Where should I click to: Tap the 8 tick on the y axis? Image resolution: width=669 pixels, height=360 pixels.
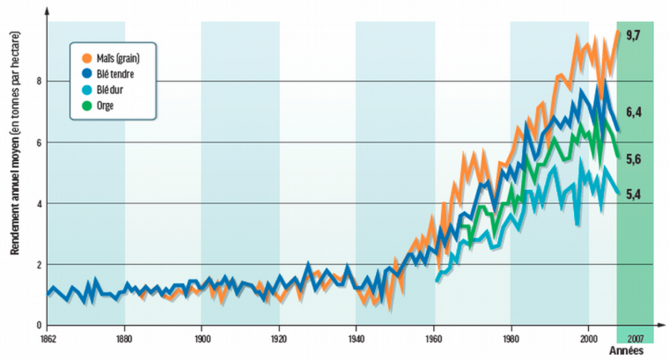[38, 81]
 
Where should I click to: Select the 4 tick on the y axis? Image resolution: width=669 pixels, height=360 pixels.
[38, 203]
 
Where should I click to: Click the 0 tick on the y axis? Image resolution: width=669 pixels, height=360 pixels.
[38, 326]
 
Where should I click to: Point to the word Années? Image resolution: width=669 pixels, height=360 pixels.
[631, 349]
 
